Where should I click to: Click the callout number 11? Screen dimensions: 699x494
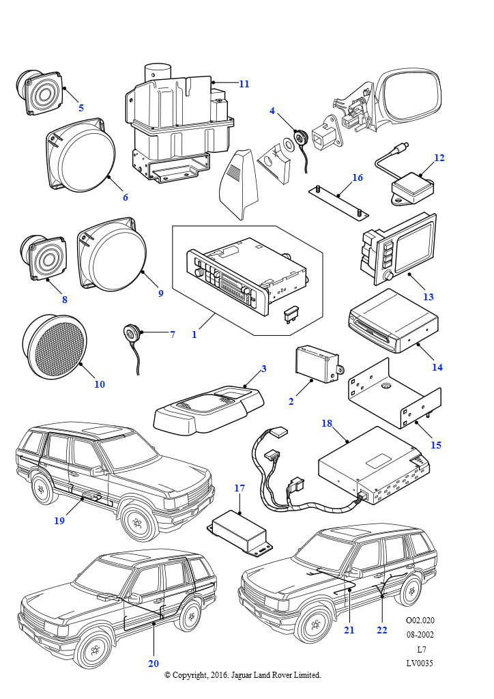244,84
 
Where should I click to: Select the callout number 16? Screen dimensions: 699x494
358,178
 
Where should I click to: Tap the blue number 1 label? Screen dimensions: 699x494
194,334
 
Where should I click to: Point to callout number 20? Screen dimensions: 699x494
153,664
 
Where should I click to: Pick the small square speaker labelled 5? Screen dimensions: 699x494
40,91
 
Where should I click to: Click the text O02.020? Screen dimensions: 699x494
420,620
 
